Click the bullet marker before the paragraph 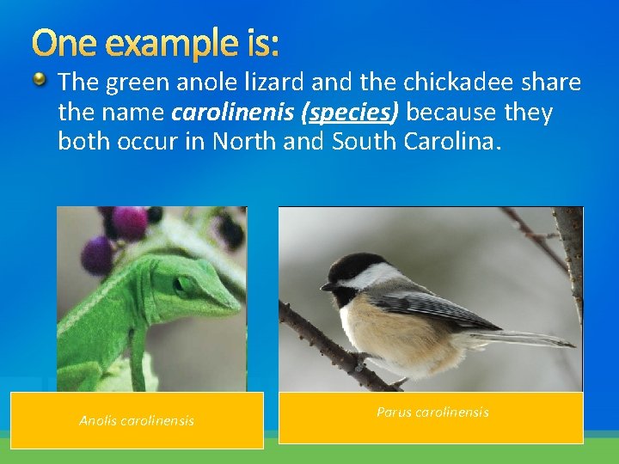(x=41, y=82)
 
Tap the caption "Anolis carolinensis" (x=137, y=420)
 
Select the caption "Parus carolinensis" (x=432, y=412)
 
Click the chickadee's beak (x=328, y=286)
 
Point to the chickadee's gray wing (x=447, y=305)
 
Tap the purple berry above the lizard (x=96, y=255)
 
